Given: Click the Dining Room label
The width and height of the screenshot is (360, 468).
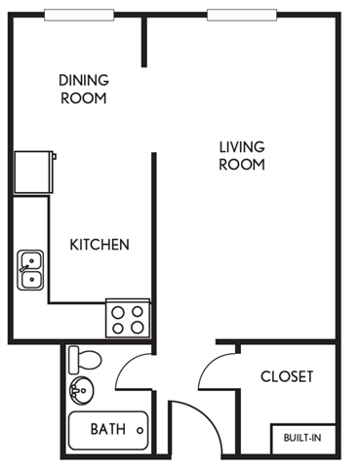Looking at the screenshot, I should point(83,89).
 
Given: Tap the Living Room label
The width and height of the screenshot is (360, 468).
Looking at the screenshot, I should point(241,156).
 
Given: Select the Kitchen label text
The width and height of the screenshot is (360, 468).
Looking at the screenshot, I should point(100,245).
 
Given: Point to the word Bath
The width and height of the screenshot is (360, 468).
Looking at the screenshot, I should point(106,429).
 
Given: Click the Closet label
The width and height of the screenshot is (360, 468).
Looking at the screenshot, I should point(287,376).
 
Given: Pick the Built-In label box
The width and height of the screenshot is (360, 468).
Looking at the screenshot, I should point(302,438).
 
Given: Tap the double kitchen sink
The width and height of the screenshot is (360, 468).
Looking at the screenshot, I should point(30,270).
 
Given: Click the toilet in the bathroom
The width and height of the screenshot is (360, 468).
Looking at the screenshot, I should point(86,359).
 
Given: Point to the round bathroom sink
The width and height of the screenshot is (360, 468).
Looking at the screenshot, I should point(79,392).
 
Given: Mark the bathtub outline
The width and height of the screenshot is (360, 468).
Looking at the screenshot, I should point(107,430).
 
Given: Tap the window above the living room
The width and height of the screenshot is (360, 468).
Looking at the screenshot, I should point(239,14).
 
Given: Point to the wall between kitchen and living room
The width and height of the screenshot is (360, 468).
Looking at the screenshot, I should point(154,244).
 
